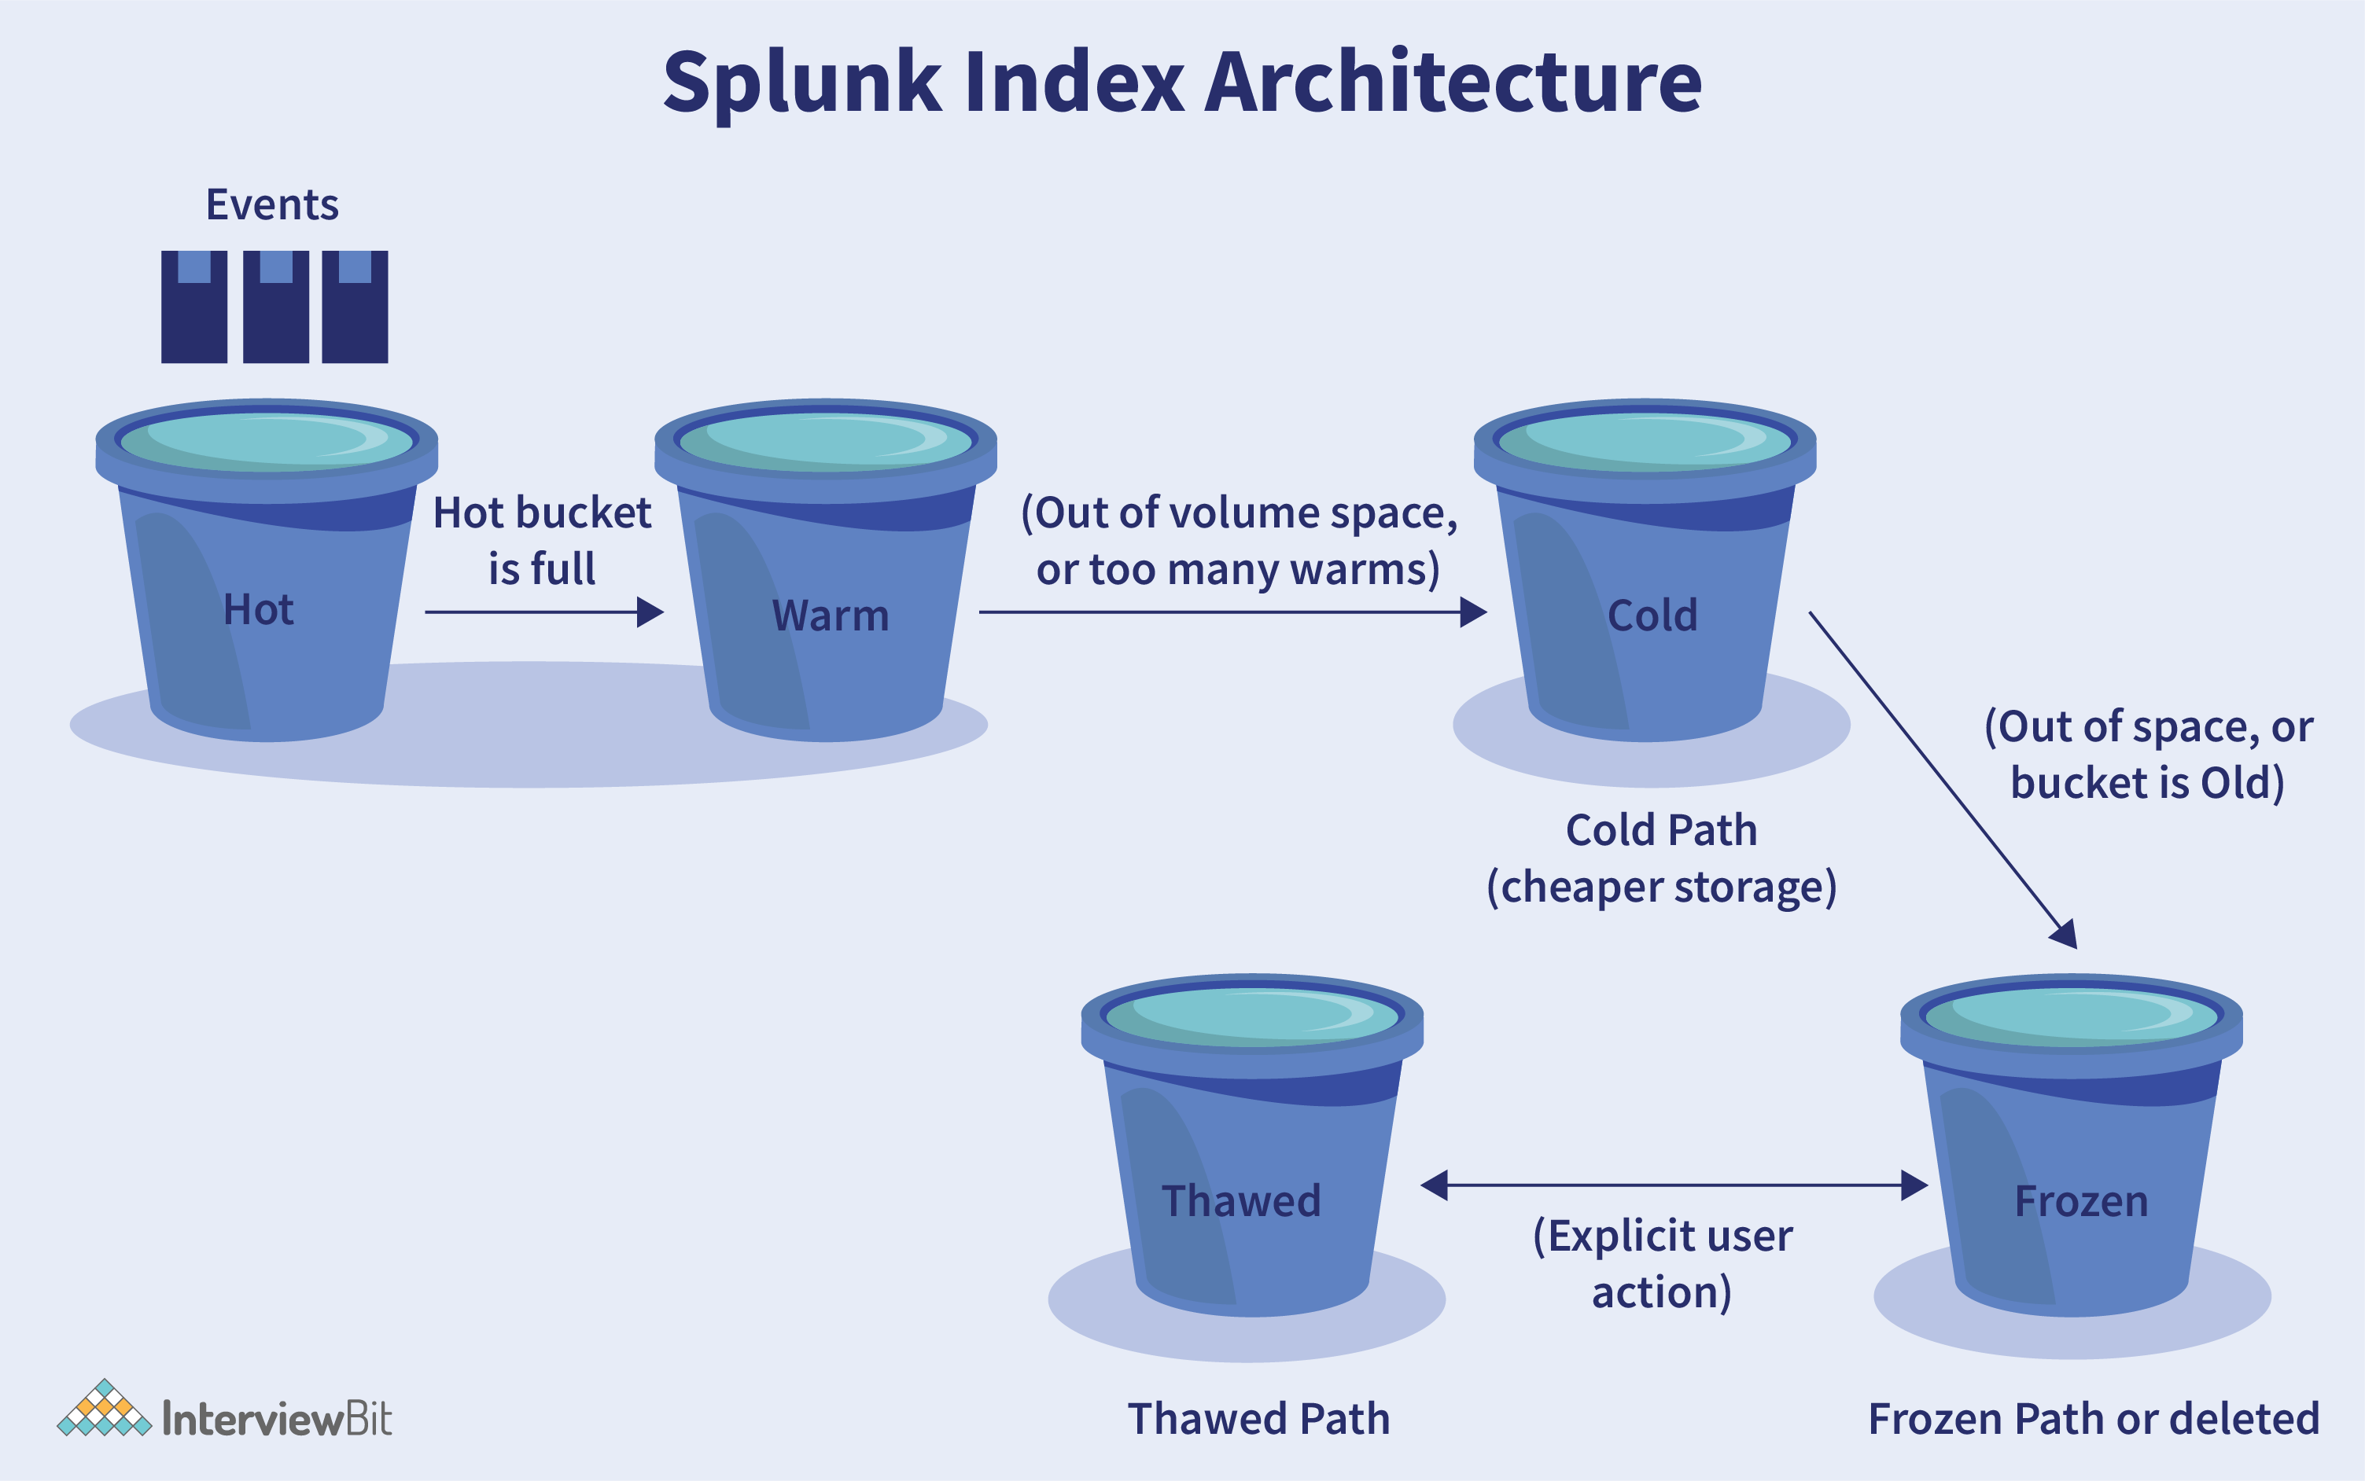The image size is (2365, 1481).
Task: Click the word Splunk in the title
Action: click(802, 84)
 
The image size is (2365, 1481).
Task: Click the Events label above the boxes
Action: click(272, 204)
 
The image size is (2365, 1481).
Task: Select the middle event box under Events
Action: click(275, 307)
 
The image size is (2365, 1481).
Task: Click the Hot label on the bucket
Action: click(259, 609)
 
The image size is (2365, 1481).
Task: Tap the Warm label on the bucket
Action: click(831, 616)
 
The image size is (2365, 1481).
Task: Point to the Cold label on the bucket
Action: click(1652, 616)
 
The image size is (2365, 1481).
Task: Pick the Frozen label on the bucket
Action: click(2081, 1201)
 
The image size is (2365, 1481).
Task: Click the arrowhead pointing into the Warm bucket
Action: click(650, 612)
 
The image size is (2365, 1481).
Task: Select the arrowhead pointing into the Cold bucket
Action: click(1473, 612)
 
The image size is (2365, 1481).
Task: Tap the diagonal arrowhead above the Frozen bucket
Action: click(2065, 933)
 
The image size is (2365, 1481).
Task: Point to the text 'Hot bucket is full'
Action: click(542, 540)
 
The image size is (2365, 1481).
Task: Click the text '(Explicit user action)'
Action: click(1663, 1263)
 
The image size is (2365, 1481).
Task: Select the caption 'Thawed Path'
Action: click(1259, 1418)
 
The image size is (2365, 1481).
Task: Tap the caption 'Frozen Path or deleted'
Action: click(2094, 1418)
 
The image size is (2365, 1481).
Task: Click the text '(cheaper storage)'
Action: click(1662, 887)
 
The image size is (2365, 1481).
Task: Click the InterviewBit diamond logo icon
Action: click(105, 1409)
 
